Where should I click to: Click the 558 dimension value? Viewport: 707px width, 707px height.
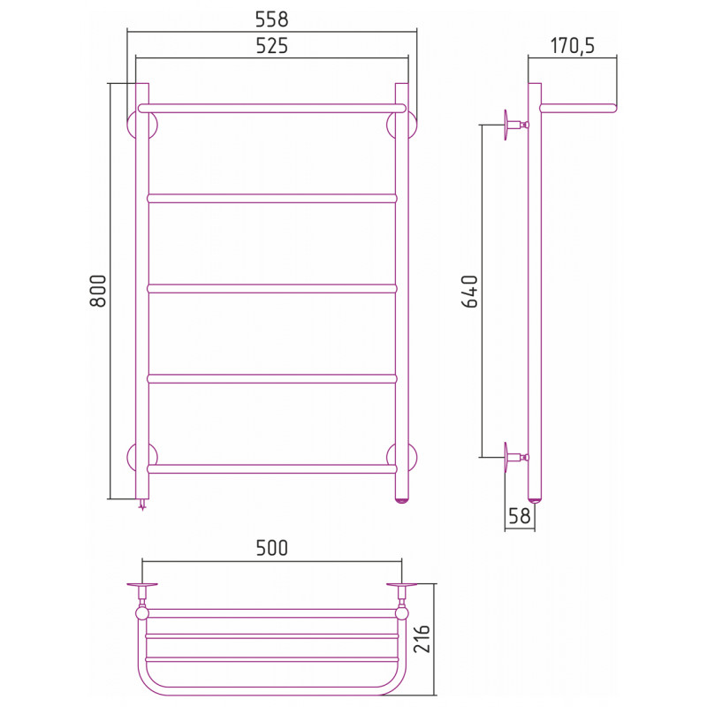(x=271, y=19)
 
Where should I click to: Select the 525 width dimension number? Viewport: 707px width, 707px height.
(x=271, y=46)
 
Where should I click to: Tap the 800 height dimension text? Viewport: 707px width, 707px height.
(x=98, y=291)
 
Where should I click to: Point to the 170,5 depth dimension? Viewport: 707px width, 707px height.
(x=572, y=46)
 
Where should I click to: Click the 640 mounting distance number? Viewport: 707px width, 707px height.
(x=469, y=292)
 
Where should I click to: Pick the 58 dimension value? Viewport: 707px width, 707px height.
(x=520, y=516)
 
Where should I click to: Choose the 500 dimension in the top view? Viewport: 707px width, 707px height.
(x=271, y=548)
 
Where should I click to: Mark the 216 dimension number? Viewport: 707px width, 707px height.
(x=422, y=639)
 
